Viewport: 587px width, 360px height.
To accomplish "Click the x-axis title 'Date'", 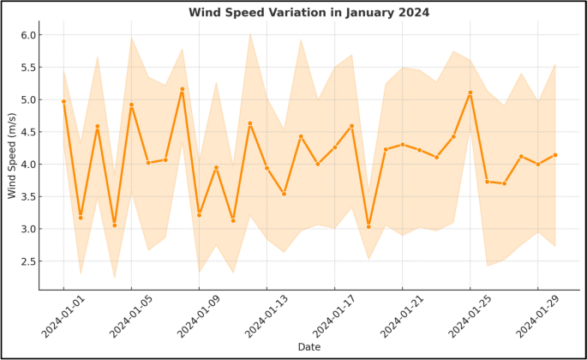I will [x=309, y=347].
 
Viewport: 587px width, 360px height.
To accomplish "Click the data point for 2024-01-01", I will [x=63, y=101].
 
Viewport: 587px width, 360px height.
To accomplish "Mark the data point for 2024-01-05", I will [x=131, y=105].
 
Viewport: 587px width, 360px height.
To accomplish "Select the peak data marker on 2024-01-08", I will [x=183, y=89].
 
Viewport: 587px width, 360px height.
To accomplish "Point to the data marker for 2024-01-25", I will [x=470, y=93].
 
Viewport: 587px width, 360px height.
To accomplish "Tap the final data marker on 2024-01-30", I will [x=555, y=155].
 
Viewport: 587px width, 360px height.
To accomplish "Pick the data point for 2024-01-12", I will [x=250, y=123].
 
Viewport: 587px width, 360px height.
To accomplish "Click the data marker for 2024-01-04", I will [x=115, y=225].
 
